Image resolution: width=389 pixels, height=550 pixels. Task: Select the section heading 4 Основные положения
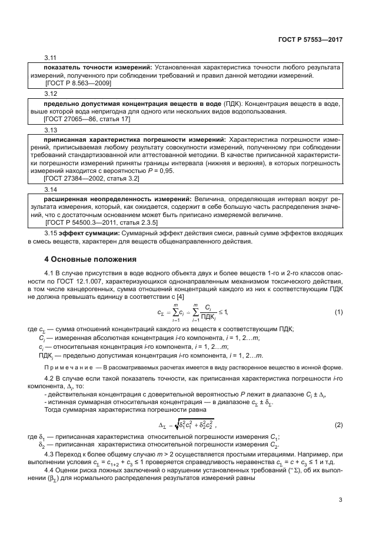coord(91,259)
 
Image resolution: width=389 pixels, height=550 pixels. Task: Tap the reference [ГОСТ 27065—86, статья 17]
coord(87,119)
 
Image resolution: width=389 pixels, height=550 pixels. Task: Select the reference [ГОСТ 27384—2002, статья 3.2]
coord(92,178)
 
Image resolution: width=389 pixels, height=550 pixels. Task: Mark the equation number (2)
coord(338,425)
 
